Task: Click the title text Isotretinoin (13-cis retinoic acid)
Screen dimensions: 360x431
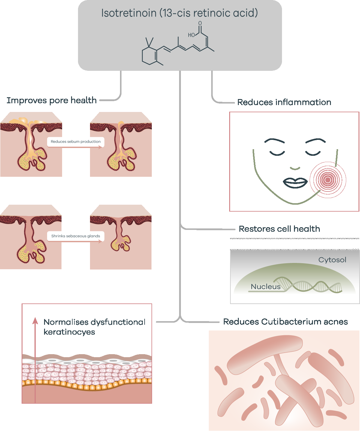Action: coord(179,13)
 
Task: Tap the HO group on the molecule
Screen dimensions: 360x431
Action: coord(191,35)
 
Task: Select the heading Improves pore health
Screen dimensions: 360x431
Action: coord(52,101)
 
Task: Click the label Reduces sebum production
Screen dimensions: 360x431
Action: coord(76,142)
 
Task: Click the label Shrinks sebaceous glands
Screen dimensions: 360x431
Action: coord(76,236)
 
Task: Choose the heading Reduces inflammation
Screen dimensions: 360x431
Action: coord(284,102)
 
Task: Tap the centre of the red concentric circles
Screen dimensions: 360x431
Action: coord(328,180)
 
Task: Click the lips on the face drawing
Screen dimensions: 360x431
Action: coord(295,183)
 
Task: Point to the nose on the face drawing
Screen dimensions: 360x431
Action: coord(295,168)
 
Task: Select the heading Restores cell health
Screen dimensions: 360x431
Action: coord(279,229)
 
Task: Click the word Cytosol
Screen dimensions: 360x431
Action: coord(332,260)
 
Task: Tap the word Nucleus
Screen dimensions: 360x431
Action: coord(265,287)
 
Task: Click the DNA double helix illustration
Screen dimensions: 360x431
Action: coord(307,285)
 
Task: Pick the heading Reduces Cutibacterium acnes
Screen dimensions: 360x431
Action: coord(286,322)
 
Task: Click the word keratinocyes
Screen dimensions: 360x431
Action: coord(69,332)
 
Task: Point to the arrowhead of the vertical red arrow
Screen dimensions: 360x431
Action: coord(35,321)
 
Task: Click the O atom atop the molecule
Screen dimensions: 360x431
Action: coord(200,23)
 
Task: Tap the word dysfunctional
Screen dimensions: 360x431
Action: coord(118,322)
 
